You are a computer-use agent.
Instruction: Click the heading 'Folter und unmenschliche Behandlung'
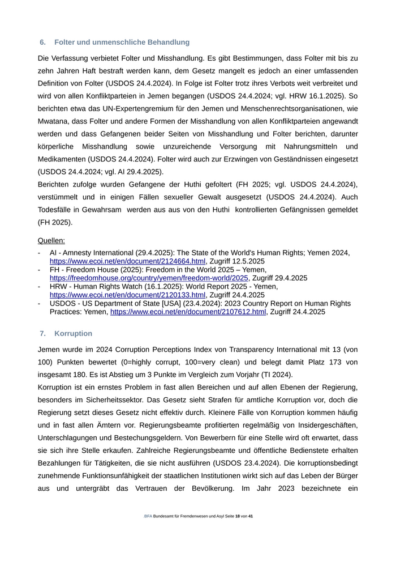(122, 42)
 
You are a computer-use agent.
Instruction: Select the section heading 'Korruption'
(74, 333)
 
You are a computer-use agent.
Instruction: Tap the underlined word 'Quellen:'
(51, 240)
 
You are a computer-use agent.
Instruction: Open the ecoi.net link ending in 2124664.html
(127, 261)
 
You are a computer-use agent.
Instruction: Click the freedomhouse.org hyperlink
(149, 278)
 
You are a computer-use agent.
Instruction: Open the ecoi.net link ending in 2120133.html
(127, 295)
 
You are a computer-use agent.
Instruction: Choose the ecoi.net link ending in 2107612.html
(188, 312)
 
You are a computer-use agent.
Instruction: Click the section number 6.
(42, 42)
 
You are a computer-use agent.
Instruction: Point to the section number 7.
(42, 333)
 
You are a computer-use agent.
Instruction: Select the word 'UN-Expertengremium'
(132, 108)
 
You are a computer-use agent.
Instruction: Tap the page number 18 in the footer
(238, 517)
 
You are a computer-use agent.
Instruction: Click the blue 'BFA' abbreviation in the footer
(148, 517)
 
